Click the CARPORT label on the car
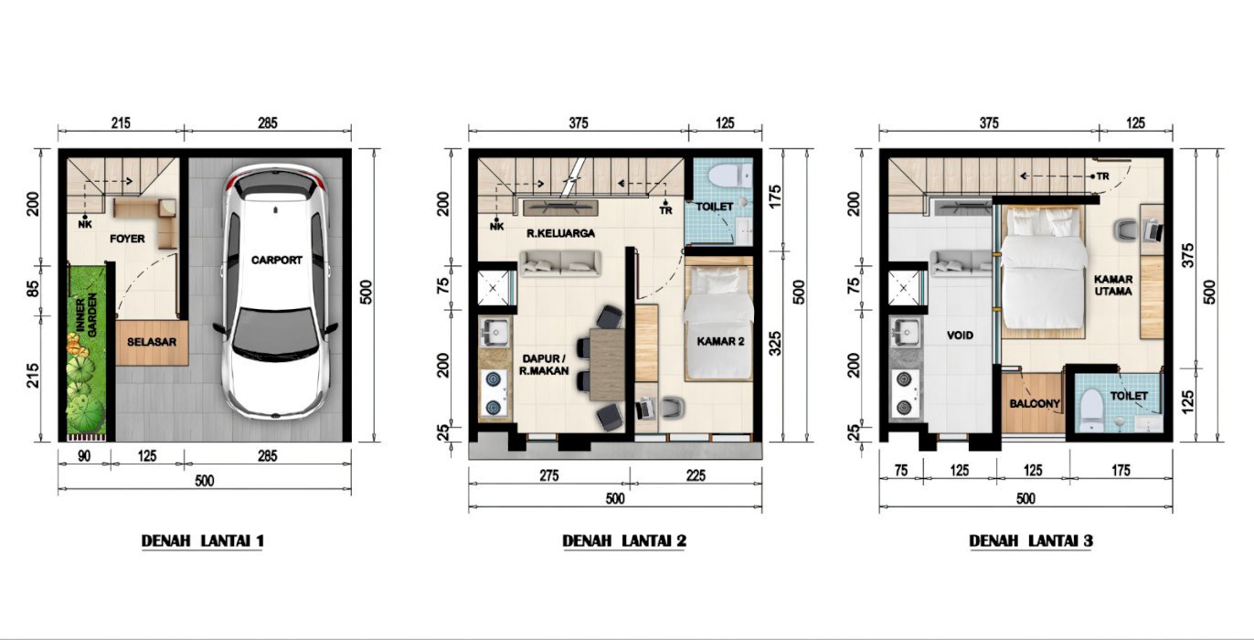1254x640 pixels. pyautogui.click(x=277, y=260)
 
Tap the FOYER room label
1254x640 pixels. pyautogui.click(x=127, y=239)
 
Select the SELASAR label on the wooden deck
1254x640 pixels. pyautogui.click(x=152, y=342)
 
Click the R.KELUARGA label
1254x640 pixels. pyautogui.click(x=560, y=233)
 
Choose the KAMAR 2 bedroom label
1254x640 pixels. pyautogui.click(x=720, y=341)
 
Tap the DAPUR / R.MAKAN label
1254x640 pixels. pyautogui.click(x=544, y=365)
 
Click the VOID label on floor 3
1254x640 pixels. pyautogui.click(x=960, y=336)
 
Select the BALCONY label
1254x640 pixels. pyautogui.click(x=1035, y=403)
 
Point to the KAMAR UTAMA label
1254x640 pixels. pyautogui.click(x=1113, y=285)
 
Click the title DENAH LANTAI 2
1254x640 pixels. pyautogui.click(x=624, y=541)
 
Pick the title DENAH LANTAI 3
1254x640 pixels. pyautogui.click(x=1031, y=541)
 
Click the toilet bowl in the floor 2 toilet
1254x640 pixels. pyautogui.click(x=730, y=176)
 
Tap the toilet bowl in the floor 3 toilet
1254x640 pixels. pyautogui.click(x=1089, y=411)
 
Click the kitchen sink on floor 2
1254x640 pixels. pyautogui.click(x=494, y=333)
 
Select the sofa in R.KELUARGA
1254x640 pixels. pyautogui.click(x=560, y=263)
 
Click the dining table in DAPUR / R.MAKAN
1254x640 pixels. pyautogui.click(x=608, y=365)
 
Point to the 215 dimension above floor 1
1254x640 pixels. pyautogui.click(x=121, y=123)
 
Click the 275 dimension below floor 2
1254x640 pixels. pyautogui.click(x=549, y=475)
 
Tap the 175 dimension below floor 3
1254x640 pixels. pyautogui.click(x=1121, y=470)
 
